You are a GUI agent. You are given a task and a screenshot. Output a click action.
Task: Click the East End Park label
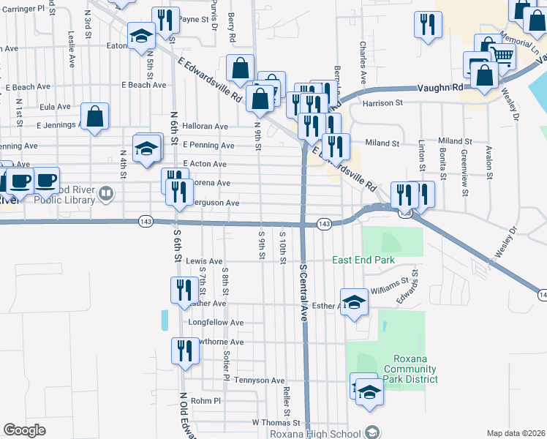(363, 260)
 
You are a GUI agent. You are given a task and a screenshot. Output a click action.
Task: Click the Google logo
(24, 430)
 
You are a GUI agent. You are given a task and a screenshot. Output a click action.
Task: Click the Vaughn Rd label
(441, 87)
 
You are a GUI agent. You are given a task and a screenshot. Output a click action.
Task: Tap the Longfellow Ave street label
(216, 322)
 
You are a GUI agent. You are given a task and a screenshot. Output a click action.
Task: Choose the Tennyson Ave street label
(259, 380)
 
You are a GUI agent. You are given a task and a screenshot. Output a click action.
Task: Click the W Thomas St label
(276, 423)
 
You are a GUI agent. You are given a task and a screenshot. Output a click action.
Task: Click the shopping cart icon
(502, 55)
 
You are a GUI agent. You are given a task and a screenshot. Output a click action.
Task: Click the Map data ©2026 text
(516, 433)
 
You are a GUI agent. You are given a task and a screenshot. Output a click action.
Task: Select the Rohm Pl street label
(205, 401)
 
